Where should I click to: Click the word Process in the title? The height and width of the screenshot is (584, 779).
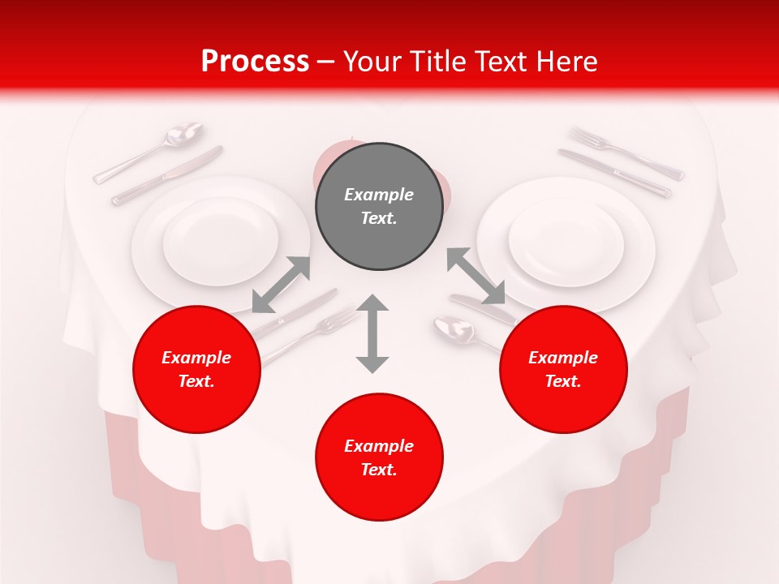255,62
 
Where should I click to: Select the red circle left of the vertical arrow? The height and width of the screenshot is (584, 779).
196,369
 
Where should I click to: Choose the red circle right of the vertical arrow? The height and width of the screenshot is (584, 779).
563,369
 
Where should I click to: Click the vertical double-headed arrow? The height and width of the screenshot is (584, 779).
372,333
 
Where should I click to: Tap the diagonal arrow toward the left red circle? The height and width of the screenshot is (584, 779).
281,284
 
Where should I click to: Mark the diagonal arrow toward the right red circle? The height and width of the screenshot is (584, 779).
476,277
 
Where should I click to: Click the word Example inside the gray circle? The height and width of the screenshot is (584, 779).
379,195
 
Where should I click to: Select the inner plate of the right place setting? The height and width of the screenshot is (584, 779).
566,242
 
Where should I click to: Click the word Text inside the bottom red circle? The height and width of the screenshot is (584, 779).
379,470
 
